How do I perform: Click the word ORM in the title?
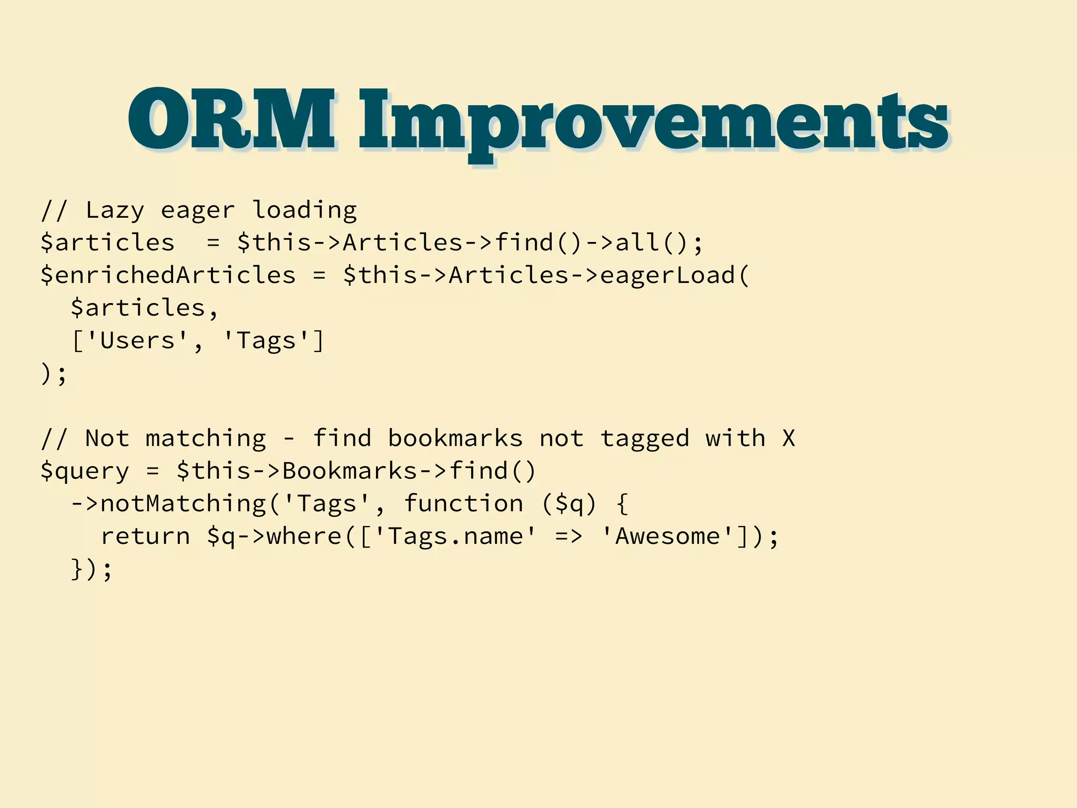tap(231, 120)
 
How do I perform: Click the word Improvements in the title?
tap(653, 122)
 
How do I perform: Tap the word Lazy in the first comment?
tap(114, 210)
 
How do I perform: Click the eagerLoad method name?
tap(668, 275)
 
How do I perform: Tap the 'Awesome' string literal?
tap(668, 537)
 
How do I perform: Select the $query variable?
tap(85, 471)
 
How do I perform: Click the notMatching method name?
tap(184, 504)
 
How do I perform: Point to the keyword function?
tap(463, 504)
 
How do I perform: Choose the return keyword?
tap(146, 537)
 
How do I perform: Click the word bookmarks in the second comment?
tap(455, 439)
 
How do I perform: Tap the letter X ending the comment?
tap(788, 439)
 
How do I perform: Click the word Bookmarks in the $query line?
tap(350, 471)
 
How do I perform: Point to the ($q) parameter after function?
tap(570, 504)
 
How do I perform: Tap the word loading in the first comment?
tap(304, 210)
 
